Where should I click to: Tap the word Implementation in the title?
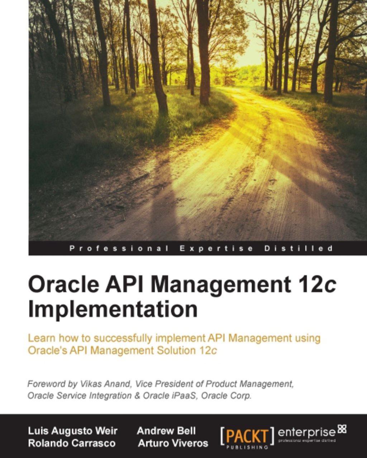[113, 309]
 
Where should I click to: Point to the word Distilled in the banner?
[299, 248]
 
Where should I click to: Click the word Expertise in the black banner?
[216, 248]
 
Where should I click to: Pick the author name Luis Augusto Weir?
[73, 431]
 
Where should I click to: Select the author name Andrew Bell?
[166, 431]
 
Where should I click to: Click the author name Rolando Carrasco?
[72, 443]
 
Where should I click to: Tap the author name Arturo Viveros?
[173, 443]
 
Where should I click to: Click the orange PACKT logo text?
[247, 435]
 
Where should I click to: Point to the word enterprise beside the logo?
[307, 432]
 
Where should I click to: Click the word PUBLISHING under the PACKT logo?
[247, 447]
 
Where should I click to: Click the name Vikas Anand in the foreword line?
[105, 384]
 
